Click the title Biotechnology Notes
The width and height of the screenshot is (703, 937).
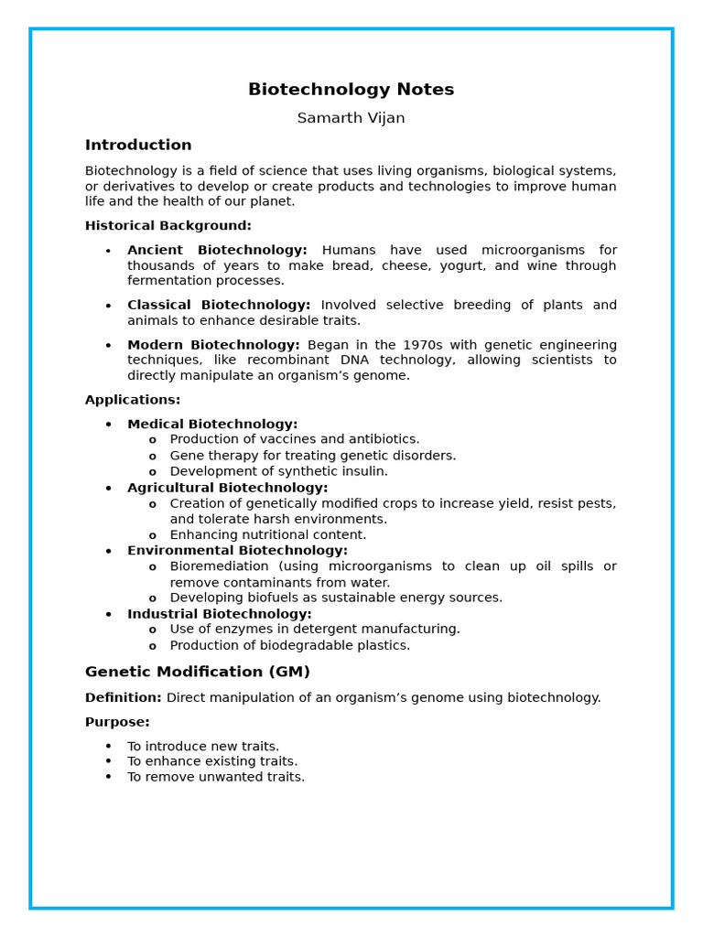click(x=351, y=90)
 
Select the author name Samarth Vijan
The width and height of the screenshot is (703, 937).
click(x=351, y=118)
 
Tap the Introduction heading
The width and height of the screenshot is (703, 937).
click(x=138, y=145)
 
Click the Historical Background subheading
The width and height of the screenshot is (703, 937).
click(x=168, y=225)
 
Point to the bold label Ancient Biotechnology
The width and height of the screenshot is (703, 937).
click(x=217, y=250)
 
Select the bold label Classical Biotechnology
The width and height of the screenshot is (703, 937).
click(x=219, y=305)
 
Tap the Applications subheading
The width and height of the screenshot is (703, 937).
click(x=133, y=400)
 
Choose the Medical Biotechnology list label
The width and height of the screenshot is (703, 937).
click(x=212, y=424)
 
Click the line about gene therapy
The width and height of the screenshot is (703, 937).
click(x=312, y=456)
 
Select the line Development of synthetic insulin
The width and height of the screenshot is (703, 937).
click(x=278, y=471)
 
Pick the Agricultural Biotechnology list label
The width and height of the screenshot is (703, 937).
click(x=227, y=488)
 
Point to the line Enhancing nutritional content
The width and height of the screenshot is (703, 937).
click(x=267, y=534)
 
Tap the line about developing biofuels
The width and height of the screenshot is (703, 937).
click(x=336, y=598)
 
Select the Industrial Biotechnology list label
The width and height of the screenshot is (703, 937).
click(x=219, y=614)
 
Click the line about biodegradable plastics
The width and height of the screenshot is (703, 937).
click(x=289, y=645)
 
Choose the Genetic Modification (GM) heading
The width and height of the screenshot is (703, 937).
click(x=198, y=672)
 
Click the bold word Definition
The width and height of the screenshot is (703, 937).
click(x=123, y=697)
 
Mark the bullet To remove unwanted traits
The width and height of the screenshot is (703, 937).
click(x=215, y=777)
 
